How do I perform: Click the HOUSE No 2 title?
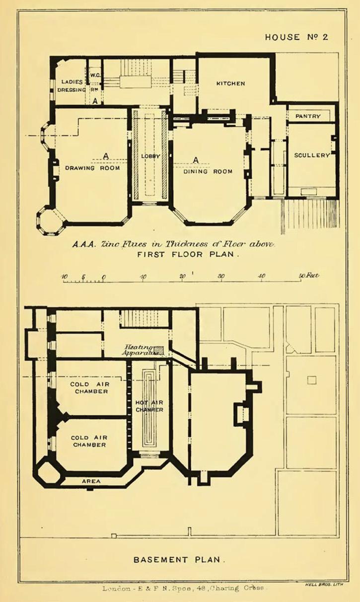coord(296,37)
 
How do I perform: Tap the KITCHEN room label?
coord(230,83)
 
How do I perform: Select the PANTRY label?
coord(308,116)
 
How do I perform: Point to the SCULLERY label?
coord(312,155)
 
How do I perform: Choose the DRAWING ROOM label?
coord(92,168)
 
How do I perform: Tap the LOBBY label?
coord(150,156)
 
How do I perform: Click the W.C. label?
coord(95,75)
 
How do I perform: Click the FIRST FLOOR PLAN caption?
coord(189,254)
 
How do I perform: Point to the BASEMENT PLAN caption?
coord(179,560)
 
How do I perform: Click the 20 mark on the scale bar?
coord(183,277)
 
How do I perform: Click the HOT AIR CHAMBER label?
coord(149,406)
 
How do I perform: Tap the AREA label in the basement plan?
coord(91,481)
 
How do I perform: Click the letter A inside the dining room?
coord(196,160)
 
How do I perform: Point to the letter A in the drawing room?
coord(106,156)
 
